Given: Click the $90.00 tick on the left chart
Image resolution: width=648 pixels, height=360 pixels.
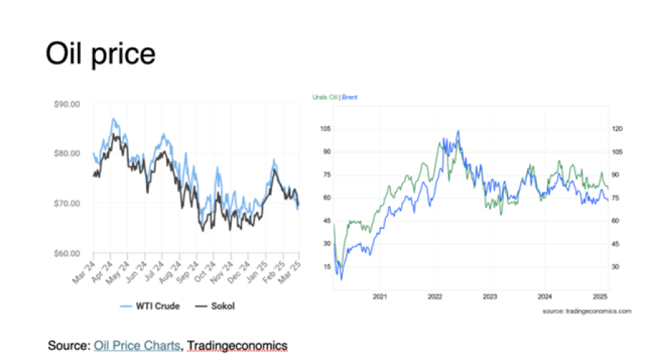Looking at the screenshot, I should pyautogui.click(x=66, y=104).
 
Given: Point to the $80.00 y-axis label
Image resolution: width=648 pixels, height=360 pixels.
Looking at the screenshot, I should pyautogui.click(x=66, y=153).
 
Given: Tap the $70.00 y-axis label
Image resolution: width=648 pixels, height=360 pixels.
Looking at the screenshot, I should pyautogui.click(x=66, y=203).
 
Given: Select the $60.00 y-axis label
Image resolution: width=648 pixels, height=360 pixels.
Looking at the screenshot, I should pyautogui.click(x=66, y=253).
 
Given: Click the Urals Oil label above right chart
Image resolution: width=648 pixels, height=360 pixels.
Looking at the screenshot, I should pyautogui.click(x=325, y=96).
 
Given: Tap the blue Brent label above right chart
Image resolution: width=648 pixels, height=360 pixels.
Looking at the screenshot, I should pyautogui.click(x=350, y=96).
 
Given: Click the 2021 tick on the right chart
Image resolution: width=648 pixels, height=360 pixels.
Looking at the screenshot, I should pyautogui.click(x=379, y=296).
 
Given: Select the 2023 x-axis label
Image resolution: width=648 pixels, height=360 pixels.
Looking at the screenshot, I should pyautogui.click(x=490, y=296).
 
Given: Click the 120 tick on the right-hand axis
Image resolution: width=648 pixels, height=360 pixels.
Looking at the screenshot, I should pyautogui.click(x=617, y=128).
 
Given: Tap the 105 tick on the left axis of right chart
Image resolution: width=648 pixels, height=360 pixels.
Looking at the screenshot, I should pyautogui.click(x=325, y=128).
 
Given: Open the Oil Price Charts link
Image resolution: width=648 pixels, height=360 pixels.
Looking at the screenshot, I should pyautogui.click(x=138, y=346).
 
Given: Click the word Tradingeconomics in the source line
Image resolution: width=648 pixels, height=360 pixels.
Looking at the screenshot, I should pyautogui.click(x=237, y=346).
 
